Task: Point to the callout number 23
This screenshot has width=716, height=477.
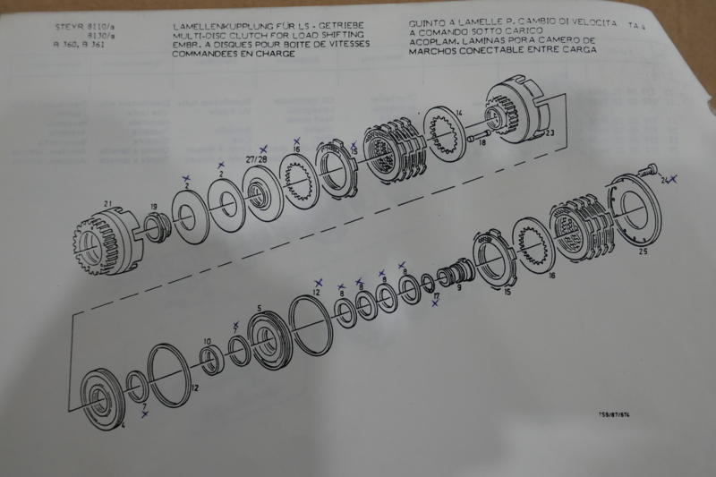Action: [549, 133]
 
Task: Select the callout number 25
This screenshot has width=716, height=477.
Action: [643, 253]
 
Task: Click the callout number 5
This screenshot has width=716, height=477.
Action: [260, 309]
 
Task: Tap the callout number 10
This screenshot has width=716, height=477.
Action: [207, 341]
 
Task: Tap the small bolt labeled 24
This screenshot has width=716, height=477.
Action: [651, 167]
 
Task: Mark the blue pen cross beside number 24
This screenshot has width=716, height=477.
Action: [674, 179]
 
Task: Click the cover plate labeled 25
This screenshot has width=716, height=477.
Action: [630, 214]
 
